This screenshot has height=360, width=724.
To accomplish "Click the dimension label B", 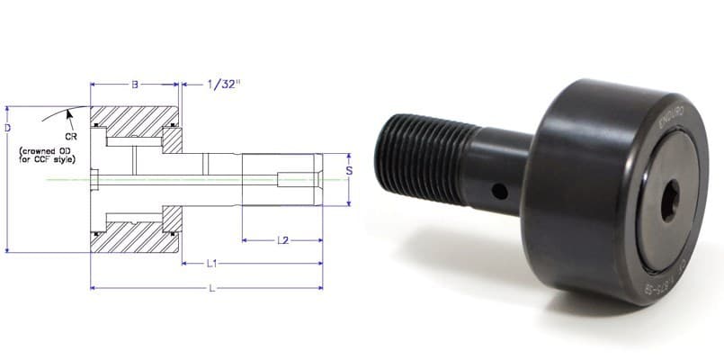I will [x=135, y=85].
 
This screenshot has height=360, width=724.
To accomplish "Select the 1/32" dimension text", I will [x=222, y=85].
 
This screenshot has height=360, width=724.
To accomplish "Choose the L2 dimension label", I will [x=282, y=240].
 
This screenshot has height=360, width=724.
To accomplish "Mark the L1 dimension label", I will [x=213, y=264].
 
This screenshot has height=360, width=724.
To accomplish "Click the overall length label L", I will [x=210, y=289].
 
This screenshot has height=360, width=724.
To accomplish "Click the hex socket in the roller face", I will [x=670, y=204].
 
